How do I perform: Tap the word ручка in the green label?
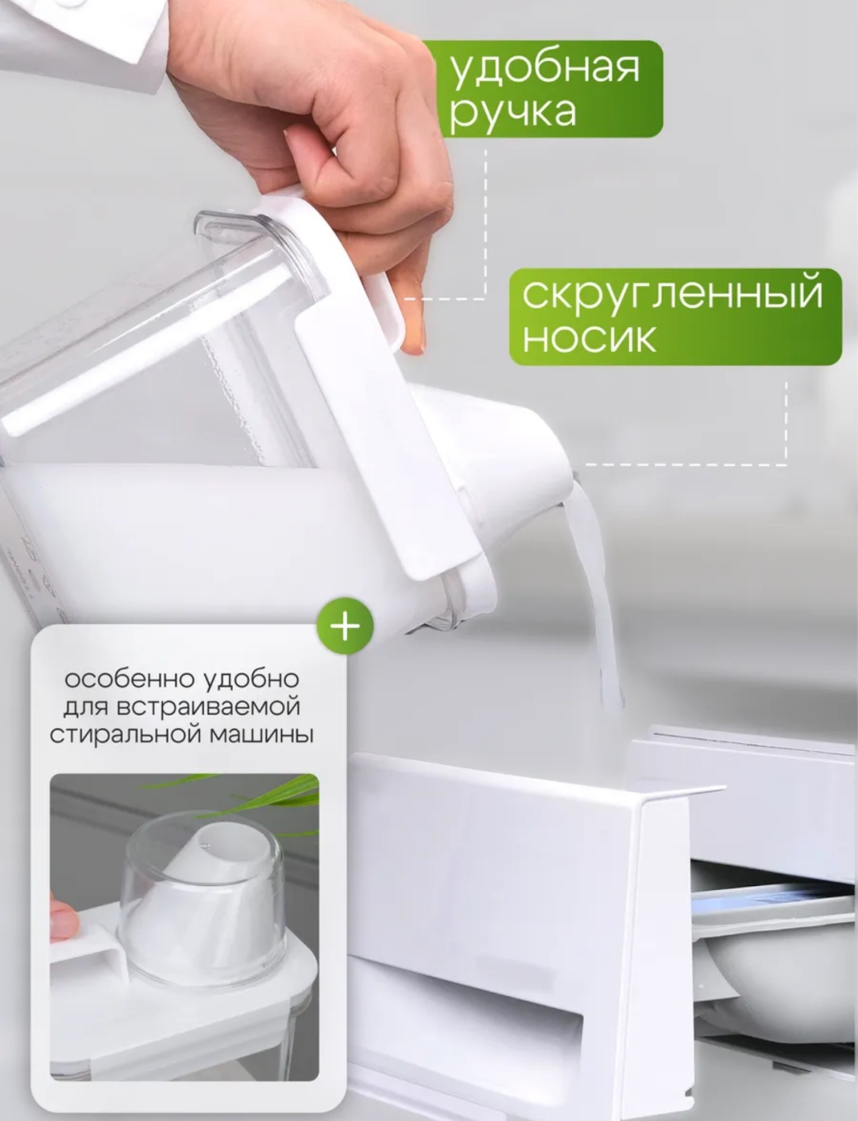point(512,114)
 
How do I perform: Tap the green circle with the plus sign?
point(345,626)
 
